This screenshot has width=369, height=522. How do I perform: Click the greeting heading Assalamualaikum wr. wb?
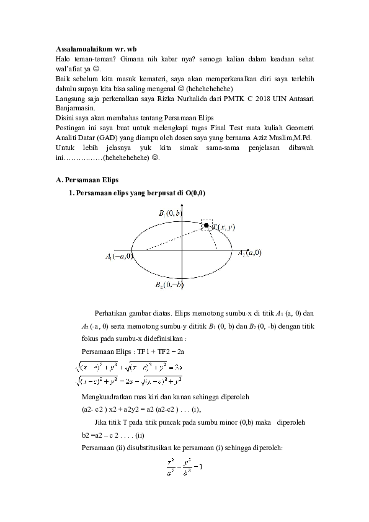click(97, 48)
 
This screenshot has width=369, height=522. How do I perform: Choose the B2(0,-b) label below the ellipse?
click(170, 285)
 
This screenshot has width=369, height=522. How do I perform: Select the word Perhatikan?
click(112, 312)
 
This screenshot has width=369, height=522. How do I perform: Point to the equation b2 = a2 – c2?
click(104, 434)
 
